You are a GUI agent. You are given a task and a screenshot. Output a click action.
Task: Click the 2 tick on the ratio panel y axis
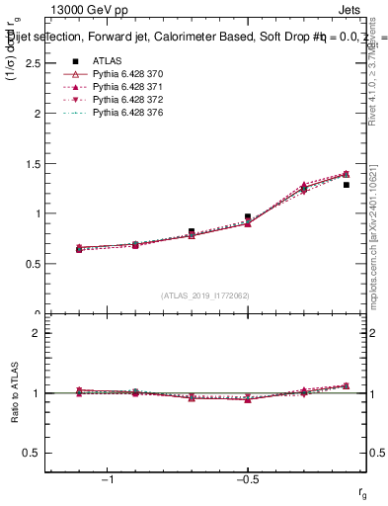[36, 333]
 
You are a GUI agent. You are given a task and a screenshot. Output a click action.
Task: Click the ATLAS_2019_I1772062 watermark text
[204, 295]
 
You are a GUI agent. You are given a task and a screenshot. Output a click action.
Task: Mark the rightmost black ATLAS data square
[346, 185]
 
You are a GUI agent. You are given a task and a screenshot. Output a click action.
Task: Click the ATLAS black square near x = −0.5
[248, 216]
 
